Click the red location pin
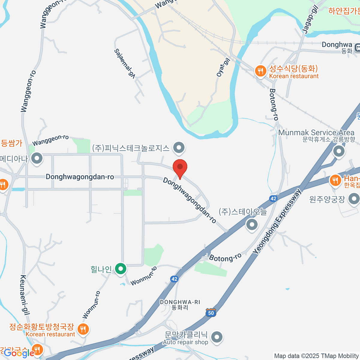180,167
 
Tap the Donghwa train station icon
357,47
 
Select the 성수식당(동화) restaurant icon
260,71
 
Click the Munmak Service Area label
316,133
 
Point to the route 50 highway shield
211,313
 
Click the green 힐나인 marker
121,269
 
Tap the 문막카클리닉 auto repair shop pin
217,337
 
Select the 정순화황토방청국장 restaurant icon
83,329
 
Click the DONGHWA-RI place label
180,302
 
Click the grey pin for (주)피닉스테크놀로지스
179,148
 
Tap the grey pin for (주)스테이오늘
252,224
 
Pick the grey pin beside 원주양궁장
354,199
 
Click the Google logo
19,353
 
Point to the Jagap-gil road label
310,19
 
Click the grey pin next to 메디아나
37,158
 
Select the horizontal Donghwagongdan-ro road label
80,177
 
